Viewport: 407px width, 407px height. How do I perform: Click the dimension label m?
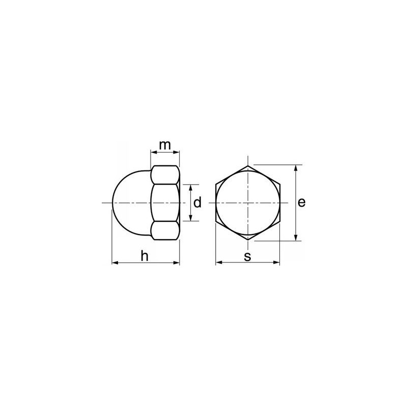165,146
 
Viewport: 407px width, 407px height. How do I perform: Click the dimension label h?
144,256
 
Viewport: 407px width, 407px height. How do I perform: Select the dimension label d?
197,202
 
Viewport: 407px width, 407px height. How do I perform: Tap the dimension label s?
248,257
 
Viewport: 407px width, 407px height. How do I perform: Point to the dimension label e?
301,202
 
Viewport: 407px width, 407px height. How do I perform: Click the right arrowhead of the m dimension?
176,152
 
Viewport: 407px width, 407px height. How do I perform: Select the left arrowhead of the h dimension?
115,263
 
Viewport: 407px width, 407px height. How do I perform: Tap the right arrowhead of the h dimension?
176,263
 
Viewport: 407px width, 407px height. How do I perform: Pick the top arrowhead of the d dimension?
190,188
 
